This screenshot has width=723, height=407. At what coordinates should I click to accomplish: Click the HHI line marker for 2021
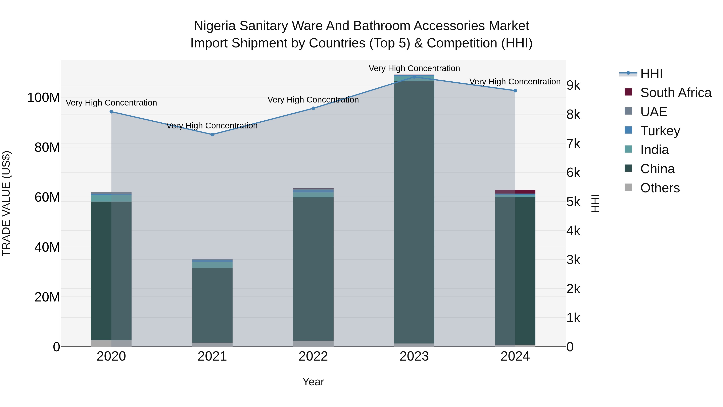212,134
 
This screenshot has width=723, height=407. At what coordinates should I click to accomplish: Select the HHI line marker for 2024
515,91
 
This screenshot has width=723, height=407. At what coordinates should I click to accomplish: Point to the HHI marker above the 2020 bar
111,112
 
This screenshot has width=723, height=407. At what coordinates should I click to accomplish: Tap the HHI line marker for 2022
313,108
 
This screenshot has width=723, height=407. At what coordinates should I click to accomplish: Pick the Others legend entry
660,188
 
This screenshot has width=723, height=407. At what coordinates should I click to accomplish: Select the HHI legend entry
651,74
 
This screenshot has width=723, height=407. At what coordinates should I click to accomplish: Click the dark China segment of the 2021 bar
212,305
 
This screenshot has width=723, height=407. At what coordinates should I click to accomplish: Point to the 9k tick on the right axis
573,85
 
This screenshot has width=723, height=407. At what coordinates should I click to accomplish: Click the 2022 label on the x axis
313,356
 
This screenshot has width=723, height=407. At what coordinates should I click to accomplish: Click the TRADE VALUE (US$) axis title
6,203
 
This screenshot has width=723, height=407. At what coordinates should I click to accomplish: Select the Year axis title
313,382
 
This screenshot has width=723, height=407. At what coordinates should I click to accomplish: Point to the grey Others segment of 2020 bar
111,343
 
